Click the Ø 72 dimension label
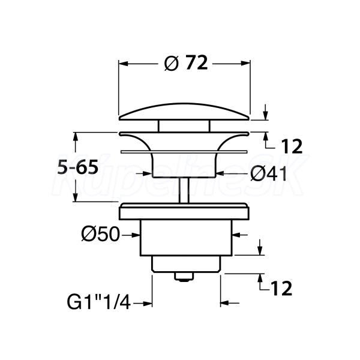point(186,63)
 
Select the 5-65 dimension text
point(78,167)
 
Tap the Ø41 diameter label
point(269,174)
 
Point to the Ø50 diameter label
point(101,235)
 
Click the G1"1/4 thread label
point(99,302)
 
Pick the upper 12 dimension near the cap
point(292,146)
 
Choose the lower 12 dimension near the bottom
point(281,289)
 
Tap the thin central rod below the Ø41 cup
point(184,190)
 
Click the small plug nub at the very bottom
point(184,277)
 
